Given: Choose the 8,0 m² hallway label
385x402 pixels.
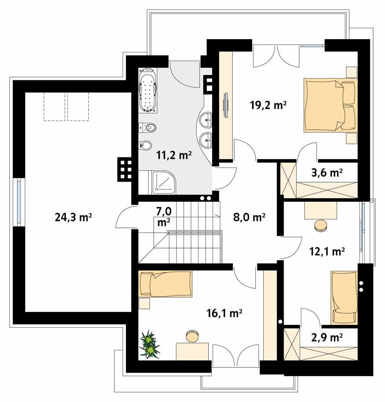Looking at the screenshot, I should pos(249,217).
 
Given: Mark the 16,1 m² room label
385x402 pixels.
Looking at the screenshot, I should pos(225,313).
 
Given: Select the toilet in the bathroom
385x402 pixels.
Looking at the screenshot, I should pos(147,128).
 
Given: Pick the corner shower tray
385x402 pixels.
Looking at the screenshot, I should pos(163,183).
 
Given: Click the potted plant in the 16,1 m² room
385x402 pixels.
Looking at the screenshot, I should pos(149,344).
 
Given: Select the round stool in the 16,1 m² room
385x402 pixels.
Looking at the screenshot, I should pos(192,336).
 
